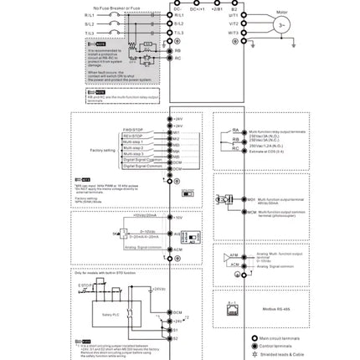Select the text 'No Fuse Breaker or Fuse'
[115, 7]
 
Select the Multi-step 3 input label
[134, 153]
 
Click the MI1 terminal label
[177, 131]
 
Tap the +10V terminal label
[177, 217]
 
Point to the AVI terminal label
[177, 234]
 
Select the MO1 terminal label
[251, 200]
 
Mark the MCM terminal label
[251, 212]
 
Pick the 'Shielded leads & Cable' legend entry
[280, 354]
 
